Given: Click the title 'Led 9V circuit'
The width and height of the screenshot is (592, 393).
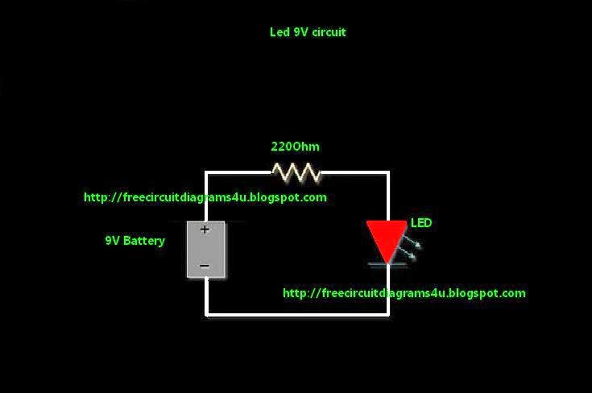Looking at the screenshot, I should tap(308, 32).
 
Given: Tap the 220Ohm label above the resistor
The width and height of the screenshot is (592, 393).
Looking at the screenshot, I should tap(295, 147).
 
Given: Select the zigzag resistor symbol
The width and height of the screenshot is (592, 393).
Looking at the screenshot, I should tap(296, 172).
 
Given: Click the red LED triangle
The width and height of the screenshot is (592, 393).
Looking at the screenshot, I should tap(387, 238).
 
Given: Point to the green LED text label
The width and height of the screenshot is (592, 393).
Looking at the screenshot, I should tap(421, 222).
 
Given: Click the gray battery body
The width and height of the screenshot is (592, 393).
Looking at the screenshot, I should tap(205, 250).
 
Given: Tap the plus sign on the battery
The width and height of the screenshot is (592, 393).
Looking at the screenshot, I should tap(205, 230).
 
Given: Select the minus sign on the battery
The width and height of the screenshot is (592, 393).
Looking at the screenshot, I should tap(205, 266).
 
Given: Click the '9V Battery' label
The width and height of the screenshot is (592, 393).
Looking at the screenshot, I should tap(135, 240).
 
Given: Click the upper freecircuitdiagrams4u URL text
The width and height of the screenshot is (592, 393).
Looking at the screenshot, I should tap(205, 196).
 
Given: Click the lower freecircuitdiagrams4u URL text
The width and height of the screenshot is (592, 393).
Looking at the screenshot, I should tap(404, 293).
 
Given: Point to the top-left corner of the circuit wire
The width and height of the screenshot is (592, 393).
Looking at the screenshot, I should tap(206, 172).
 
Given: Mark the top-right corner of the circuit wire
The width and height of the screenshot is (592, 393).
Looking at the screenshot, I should tap(388, 172).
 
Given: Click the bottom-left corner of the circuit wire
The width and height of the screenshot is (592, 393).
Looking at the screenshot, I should tap(207, 314).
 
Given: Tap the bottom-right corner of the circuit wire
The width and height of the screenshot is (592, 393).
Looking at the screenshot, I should tap(388, 314).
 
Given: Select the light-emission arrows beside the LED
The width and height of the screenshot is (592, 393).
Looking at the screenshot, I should tap(410, 250).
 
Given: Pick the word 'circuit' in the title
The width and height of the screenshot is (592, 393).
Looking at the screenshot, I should tap(329, 32).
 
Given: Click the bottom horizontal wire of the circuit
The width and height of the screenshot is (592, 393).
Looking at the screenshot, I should tap(298, 314).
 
